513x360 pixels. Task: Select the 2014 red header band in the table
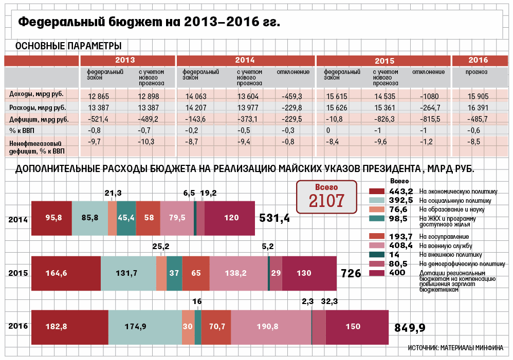245,60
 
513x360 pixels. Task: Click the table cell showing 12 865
99,96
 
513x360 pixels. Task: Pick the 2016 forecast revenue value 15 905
478,96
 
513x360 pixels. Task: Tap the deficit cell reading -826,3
384,119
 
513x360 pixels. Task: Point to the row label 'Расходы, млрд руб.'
38,107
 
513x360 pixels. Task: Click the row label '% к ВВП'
22,130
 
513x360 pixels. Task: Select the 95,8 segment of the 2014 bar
52,218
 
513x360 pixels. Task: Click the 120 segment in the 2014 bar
230,218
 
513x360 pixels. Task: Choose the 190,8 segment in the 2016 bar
271,327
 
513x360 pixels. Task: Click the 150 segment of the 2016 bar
357,327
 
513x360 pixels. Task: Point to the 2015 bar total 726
351,273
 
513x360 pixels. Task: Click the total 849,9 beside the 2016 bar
410,328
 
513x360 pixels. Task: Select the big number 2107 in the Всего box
326,201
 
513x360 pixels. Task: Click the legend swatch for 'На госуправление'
377,236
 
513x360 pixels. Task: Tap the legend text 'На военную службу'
446,246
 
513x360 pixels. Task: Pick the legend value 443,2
401,191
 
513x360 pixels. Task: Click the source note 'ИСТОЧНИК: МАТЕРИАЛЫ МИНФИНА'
455,348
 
